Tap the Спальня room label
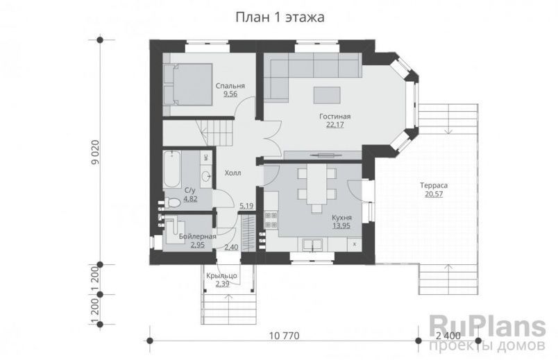(x=229, y=85)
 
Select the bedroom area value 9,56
(x=229, y=94)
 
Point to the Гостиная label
(x=335, y=117)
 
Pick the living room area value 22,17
(x=335, y=125)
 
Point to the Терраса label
(x=432, y=186)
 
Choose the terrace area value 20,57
(x=432, y=194)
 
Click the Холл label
(x=232, y=173)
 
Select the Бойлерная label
(x=197, y=237)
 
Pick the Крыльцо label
(x=222, y=276)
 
